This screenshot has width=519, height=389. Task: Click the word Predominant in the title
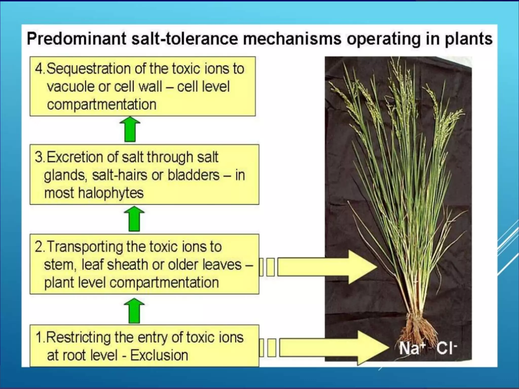point(76,39)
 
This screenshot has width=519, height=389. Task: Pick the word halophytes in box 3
point(110,193)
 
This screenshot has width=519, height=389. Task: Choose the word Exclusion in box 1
point(159,355)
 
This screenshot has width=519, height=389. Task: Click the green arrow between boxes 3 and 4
point(130,129)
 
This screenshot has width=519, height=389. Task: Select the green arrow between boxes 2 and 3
point(134,219)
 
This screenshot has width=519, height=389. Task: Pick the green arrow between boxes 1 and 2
point(134,310)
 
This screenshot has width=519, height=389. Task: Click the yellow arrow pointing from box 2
point(327,267)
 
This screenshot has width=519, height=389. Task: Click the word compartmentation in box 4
point(102,105)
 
